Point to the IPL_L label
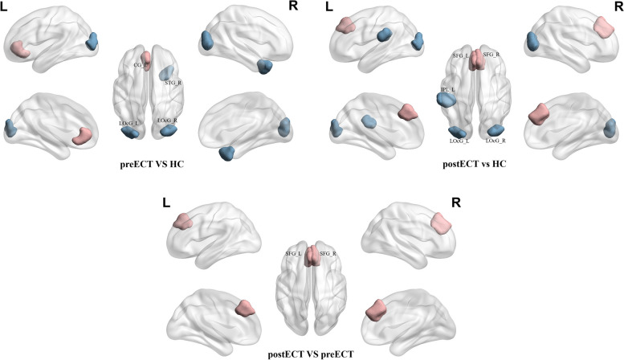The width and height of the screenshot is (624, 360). tap(446, 90)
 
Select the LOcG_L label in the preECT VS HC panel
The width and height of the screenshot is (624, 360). tap(128, 121)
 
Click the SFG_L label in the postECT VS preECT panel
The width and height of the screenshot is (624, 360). tap(292, 253)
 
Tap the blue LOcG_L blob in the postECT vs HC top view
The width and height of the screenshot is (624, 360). tap(458, 131)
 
